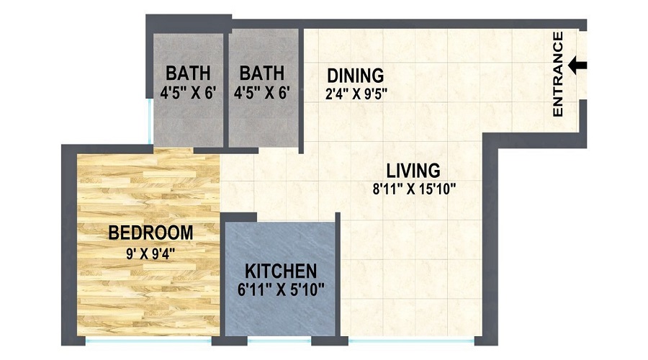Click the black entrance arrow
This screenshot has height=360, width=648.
click(x=577, y=66)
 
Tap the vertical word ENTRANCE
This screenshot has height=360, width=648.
click(x=557, y=73)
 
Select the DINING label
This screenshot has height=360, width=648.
click(x=355, y=75)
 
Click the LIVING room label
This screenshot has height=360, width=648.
click(x=413, y=171)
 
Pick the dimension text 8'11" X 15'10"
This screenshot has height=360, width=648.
click(x=413, y=189)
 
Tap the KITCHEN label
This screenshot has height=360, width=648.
click(x=281, y=271)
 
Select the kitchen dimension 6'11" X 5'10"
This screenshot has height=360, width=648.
click(x=281, y=289)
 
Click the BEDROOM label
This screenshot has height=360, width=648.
click(x=150, y=233)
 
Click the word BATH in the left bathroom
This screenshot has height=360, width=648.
click(x=188, y=73)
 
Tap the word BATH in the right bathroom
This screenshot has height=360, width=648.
click(x=262, y=73)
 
